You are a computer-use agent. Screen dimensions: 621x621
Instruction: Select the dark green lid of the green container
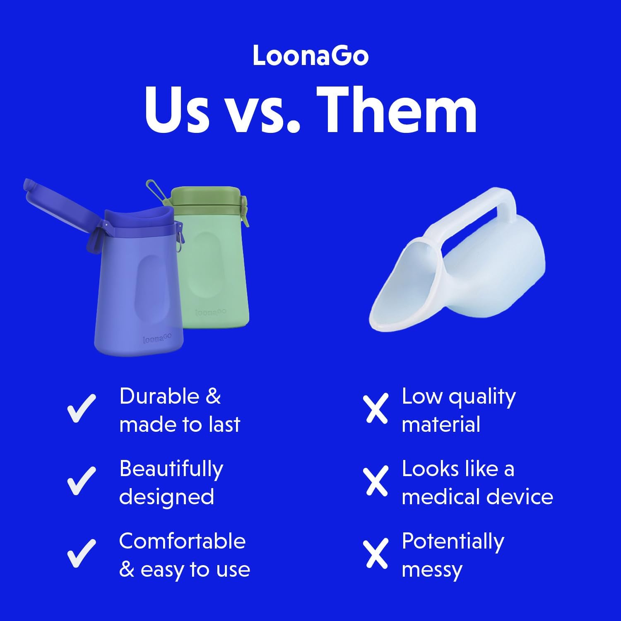[206, 197]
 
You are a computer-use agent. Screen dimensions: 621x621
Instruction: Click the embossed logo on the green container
[210, 311]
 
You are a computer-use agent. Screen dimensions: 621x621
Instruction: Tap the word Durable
[159, 396]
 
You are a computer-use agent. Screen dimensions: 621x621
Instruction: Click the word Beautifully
[171, 469]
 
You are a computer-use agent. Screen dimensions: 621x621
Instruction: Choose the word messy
[432, 570]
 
